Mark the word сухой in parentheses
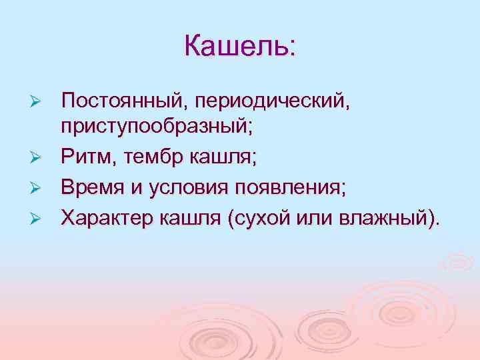[261, 217]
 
